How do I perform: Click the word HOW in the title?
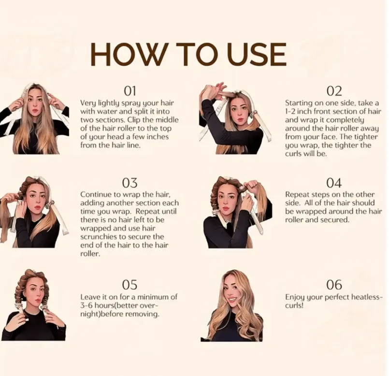click(x=128, y=55)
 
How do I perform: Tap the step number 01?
click(x=130, y=91)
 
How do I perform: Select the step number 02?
click(x=334, y=91)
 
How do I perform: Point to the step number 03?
click(x=130, y=183)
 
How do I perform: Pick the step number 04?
click(x=334, y=183)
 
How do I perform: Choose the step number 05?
click(x=130, y=285)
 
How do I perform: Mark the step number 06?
click(x=334, y=285)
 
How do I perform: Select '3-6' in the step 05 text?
click(x=86, y=305)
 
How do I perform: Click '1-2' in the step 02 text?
click(x=290, y=112)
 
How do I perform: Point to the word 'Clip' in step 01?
click(x=134, y=120)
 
